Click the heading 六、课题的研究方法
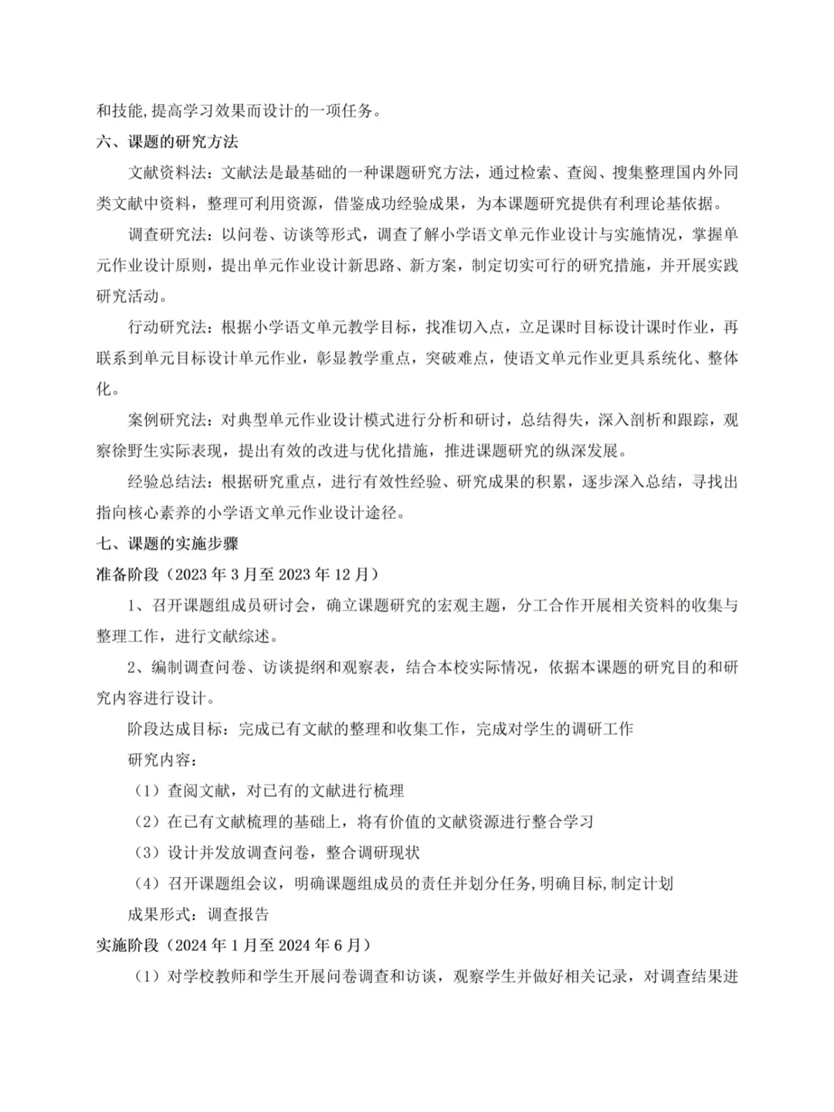(167, 142)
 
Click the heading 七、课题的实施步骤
(167, 544)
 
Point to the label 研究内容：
(162, 760)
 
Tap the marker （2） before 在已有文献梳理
(147, 822)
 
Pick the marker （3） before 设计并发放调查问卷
(147, 853)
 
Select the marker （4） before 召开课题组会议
(147, 883)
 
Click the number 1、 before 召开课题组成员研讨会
(136, 605)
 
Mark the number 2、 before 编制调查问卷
(136, 667)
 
